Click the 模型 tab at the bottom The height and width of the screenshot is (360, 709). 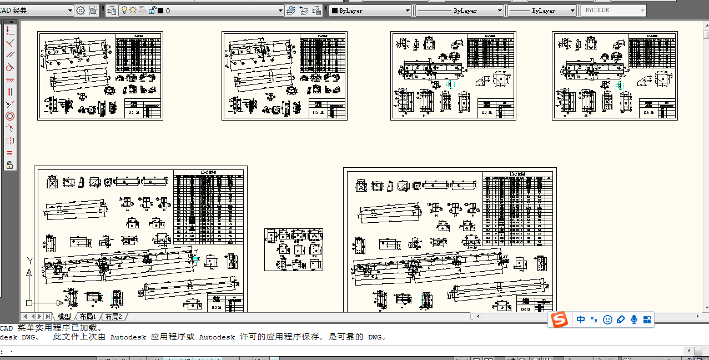pos(64,317)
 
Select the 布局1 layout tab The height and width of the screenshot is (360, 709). pos(88,317)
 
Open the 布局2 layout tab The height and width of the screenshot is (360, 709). pos(113,317)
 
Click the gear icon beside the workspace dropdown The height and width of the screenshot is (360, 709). pos(81,11)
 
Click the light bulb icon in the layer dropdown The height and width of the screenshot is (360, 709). pos(124,11)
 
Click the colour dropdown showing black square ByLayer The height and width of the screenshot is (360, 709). pos(370,11)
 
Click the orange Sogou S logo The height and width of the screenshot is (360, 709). pos(560,320)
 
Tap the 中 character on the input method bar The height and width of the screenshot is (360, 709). pos(581,319)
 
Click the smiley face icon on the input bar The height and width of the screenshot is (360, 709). pos(607,320)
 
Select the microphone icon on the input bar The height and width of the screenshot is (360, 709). pos(633,320)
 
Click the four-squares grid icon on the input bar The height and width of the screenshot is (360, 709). pos(647,320)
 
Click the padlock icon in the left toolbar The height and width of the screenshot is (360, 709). pos(10,165)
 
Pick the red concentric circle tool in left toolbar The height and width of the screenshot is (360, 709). pos(10,116)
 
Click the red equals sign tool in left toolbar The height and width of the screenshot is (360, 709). pos(10,153)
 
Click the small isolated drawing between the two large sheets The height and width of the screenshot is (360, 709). pos(293,249)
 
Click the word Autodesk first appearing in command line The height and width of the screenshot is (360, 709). pos(128,337)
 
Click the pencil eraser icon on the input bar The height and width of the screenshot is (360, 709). pos(621,320)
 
